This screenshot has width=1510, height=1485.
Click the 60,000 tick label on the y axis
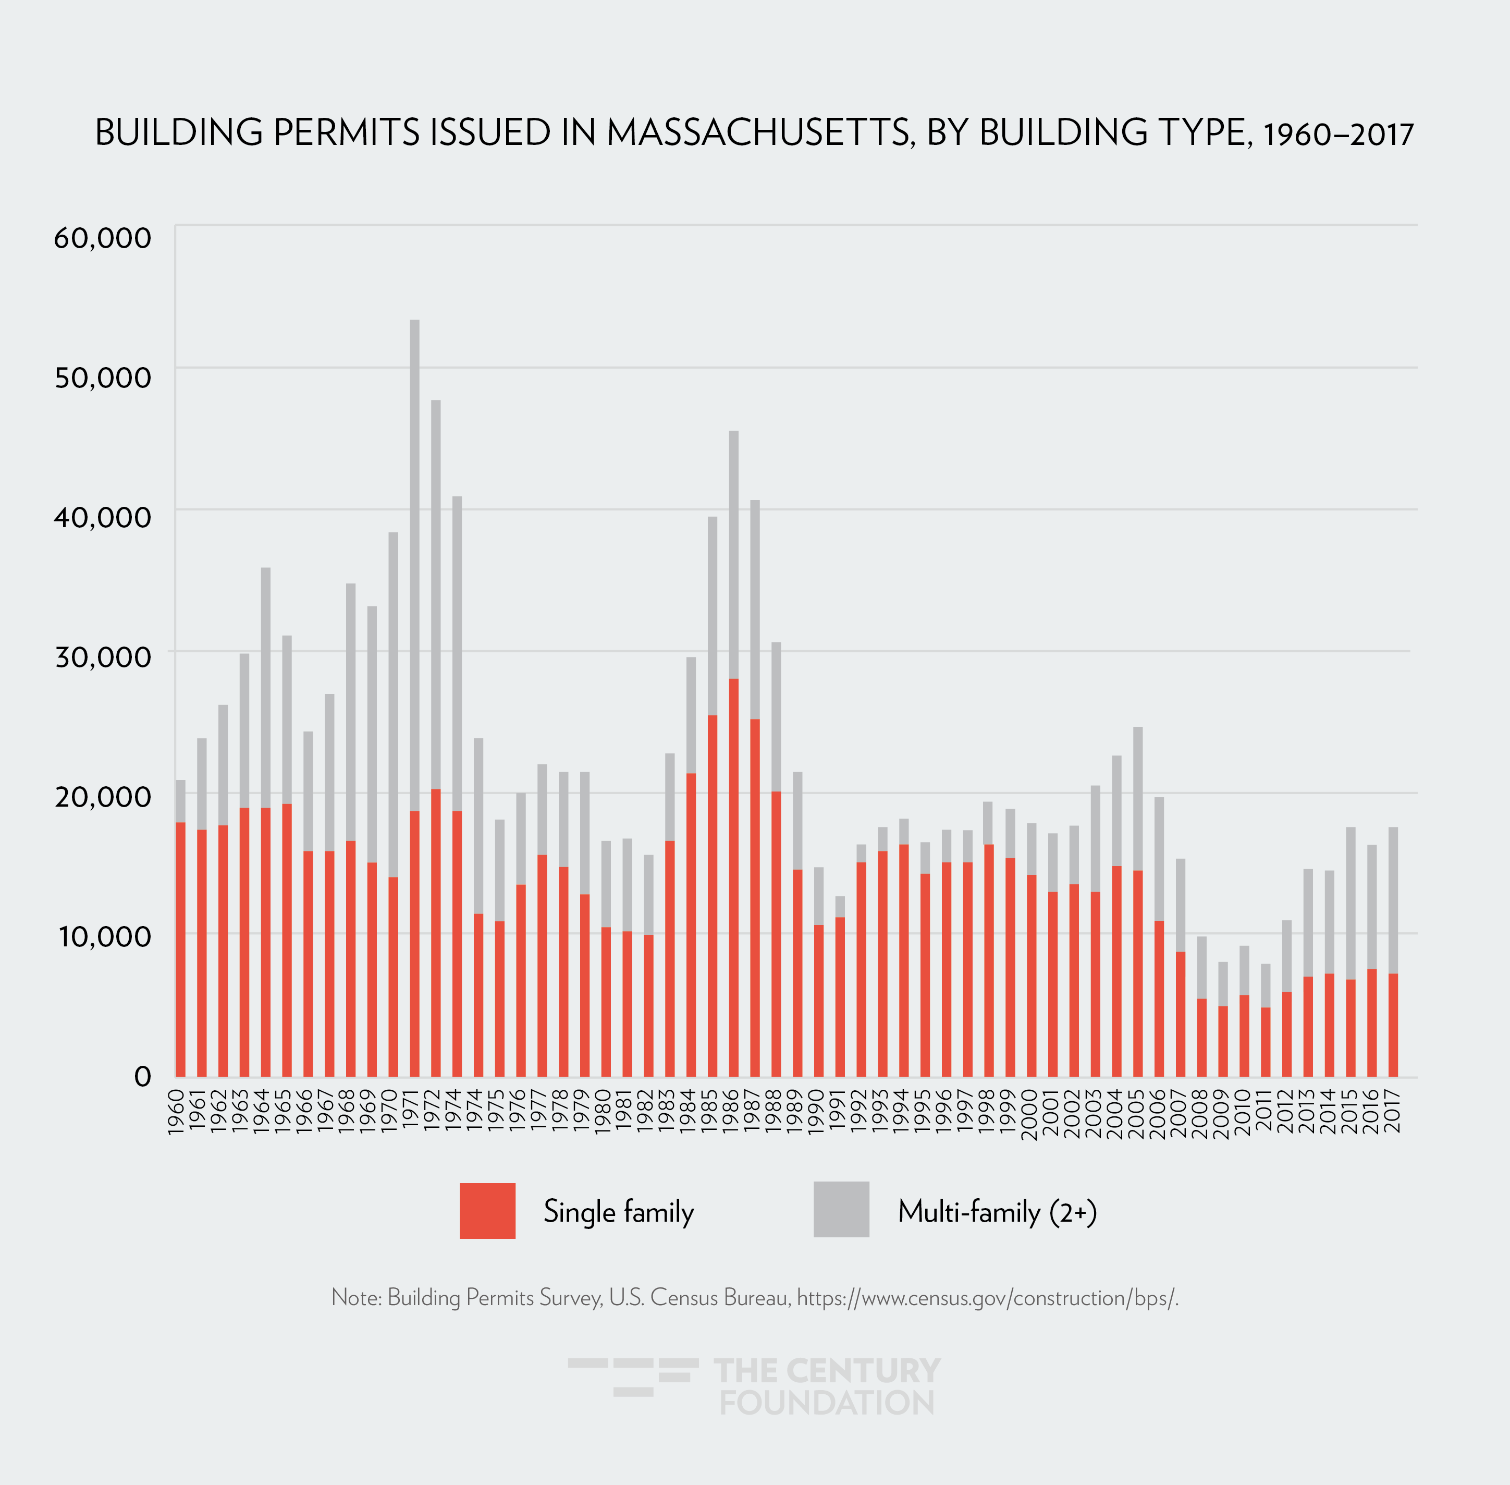pos(102,238)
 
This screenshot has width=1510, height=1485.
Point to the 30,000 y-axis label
pos(102,656)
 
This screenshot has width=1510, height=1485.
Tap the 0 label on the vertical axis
pos(143,1076)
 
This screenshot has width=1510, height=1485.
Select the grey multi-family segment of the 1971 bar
pos(414,562)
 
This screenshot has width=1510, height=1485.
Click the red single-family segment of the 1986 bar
pos(733,873)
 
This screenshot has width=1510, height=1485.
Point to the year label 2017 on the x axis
pos(1393,1112)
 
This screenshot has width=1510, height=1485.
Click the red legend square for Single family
pos(487,1210)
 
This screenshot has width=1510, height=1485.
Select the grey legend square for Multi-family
pos(841,1209)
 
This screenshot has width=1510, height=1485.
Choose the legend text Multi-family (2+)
pos(997,1211)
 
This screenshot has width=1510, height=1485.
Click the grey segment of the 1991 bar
pos(840,906)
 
